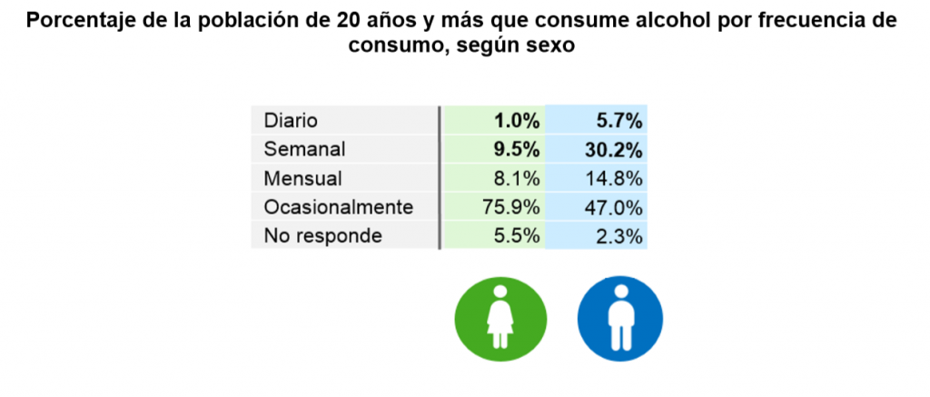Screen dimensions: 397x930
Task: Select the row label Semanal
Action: pyautogui.click(x=306, y=149)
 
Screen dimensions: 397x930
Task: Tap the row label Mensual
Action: pyautogui.click(x=303, y=178)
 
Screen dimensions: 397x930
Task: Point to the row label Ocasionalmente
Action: pyautogui.click(x=338, y=207)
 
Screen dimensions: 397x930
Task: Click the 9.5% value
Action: pyautogui.click(x=517, y=149)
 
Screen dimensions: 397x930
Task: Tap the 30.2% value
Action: pyautogui.click(x=614, y=149)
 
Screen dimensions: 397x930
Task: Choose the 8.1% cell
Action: pyautogui.click(x=518, y=178)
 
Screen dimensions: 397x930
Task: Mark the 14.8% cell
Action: pyautogui.click(x=615, y=178)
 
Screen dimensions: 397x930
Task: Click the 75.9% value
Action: pyautogui.click(x=512, y=207)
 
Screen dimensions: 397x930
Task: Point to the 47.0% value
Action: pyautogui.click(x=615, y=207)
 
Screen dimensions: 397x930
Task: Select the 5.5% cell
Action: pyautogui.click(x=518, y=236)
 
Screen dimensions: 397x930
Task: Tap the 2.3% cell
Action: pyautogui.click(x=620, y=236)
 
